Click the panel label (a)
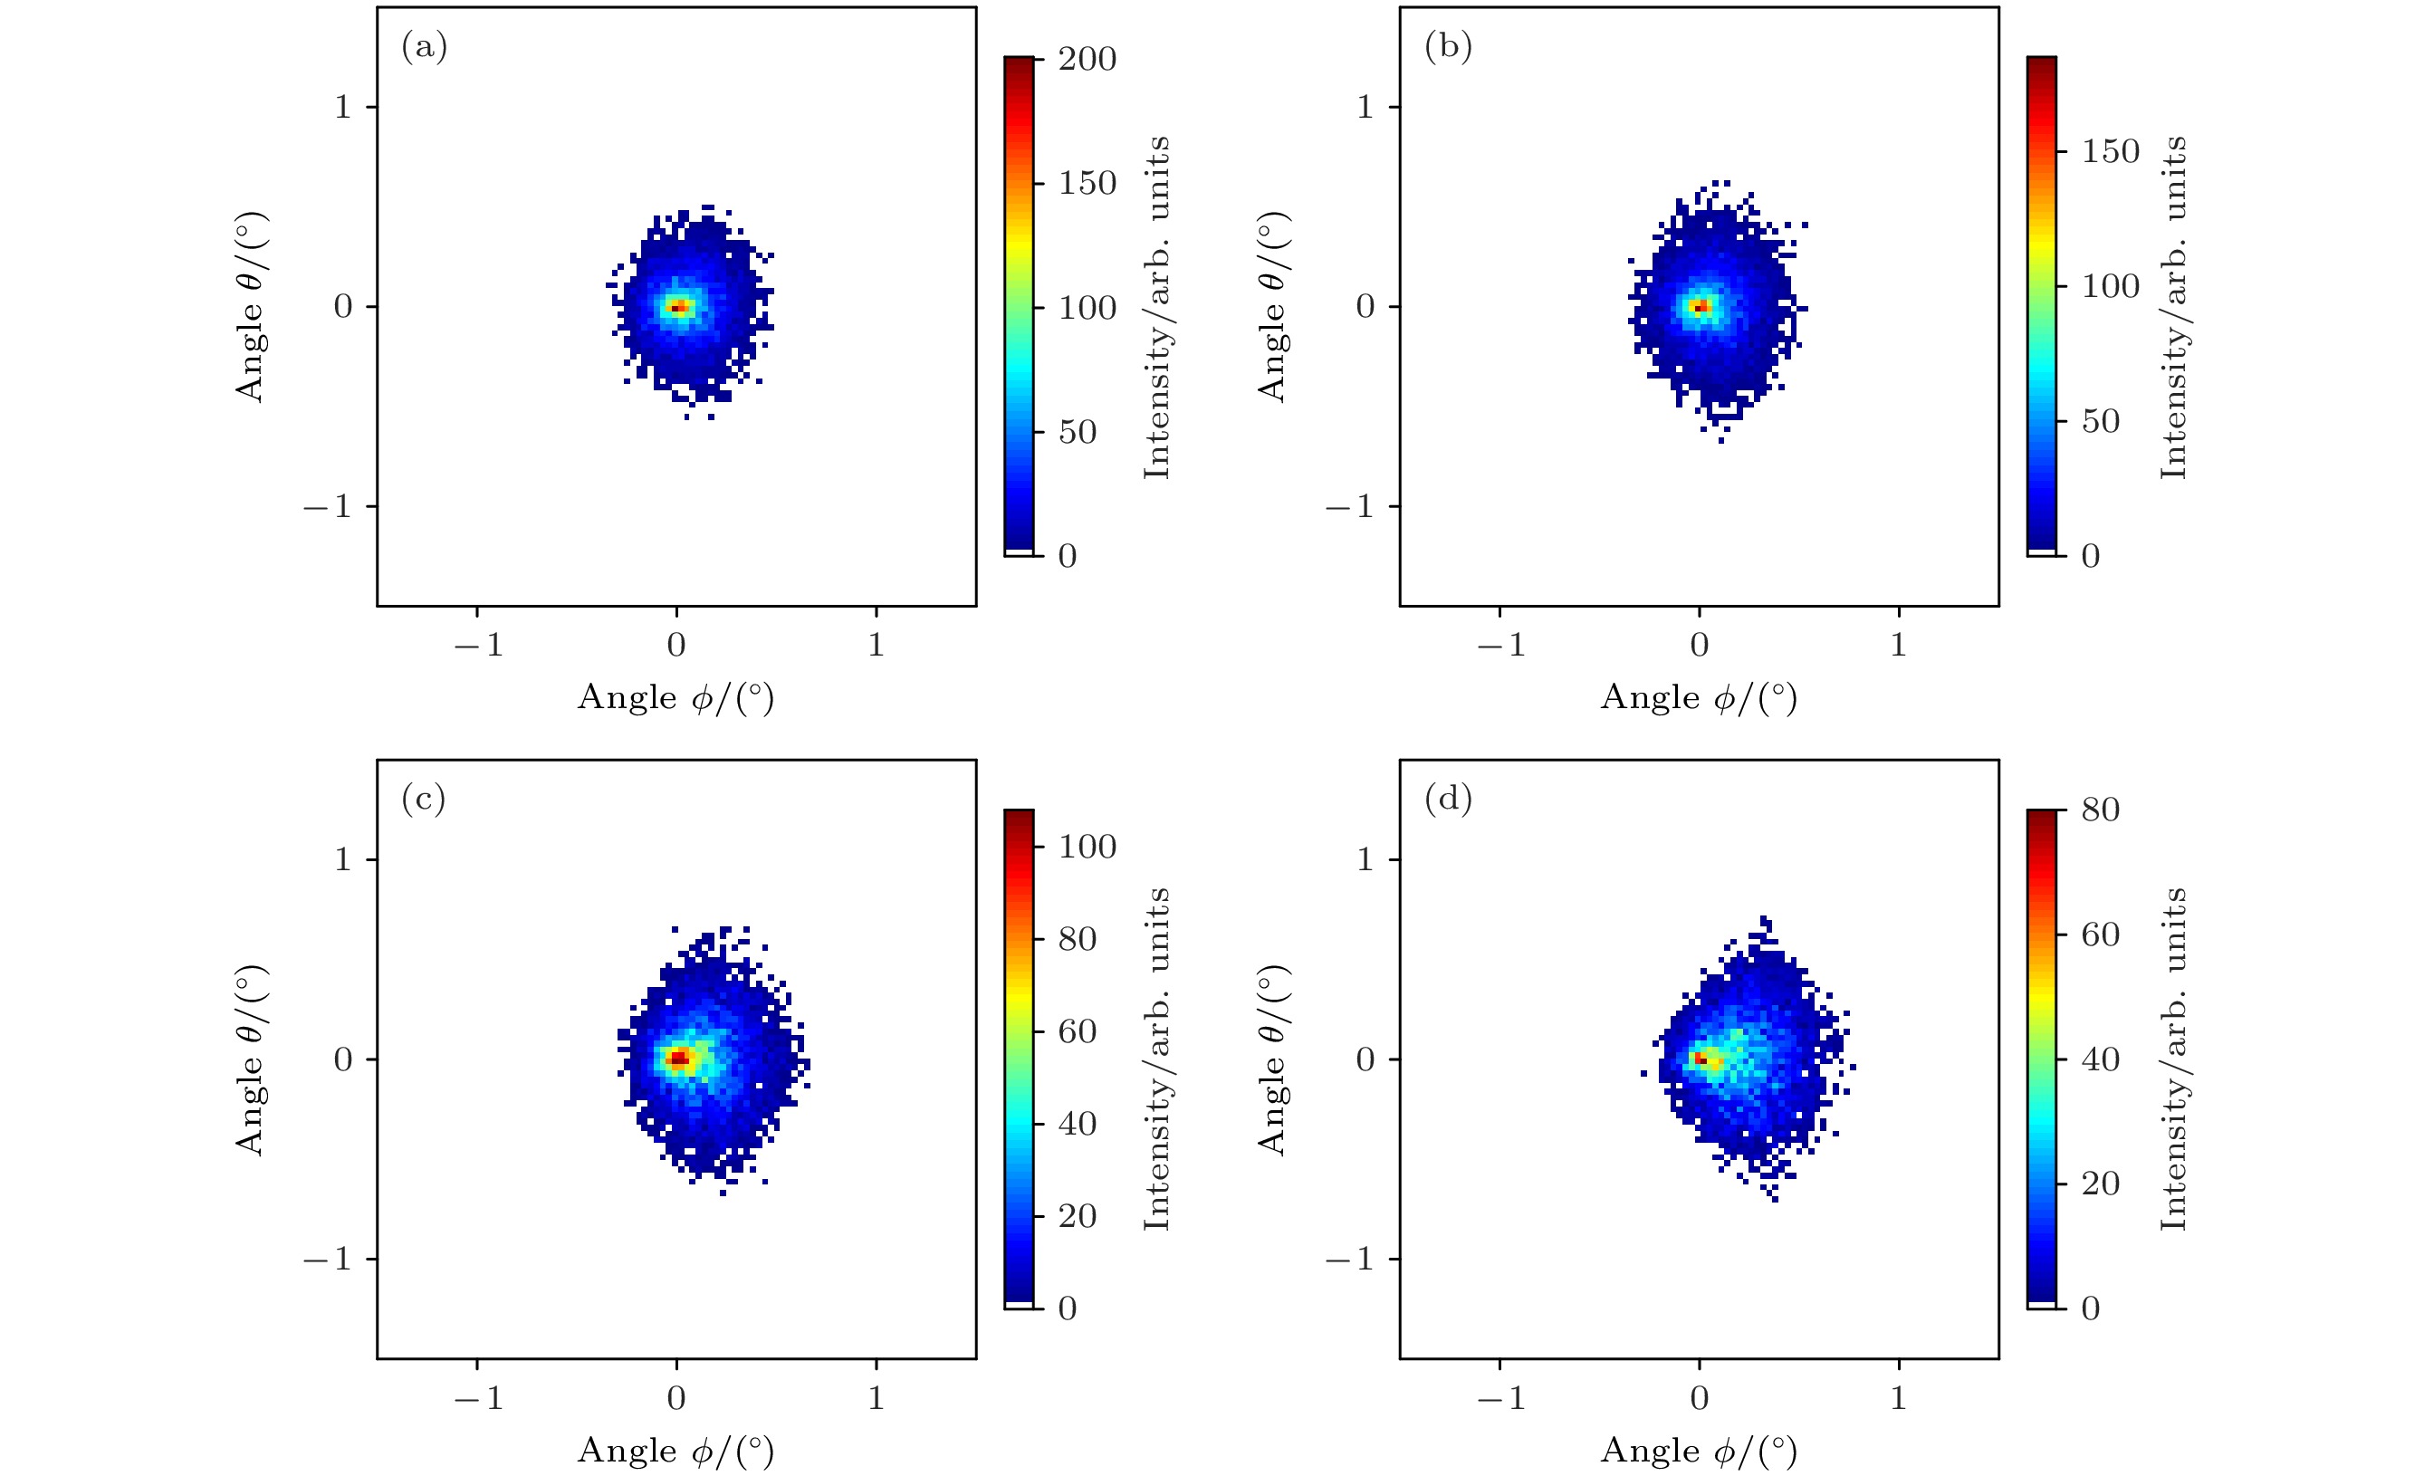point(424,47)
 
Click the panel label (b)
point(1448,47)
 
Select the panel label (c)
point(424,799)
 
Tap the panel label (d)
point(1448,799)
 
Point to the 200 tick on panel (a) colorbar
point(1087,59)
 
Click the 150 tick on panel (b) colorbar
point(2110,151)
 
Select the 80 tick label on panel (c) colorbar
point(1078,939)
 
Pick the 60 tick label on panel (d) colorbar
point(2101,934)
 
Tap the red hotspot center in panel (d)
point(1700,1059)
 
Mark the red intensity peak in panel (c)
point(678,1059)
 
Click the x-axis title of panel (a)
point(675,697)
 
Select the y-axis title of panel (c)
point(251,1059)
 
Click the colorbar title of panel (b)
point(2173,307)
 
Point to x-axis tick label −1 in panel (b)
point(1500,645)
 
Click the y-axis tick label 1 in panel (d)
point(1365,860)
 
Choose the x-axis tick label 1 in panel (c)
point(876,1397)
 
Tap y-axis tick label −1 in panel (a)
point(328,508)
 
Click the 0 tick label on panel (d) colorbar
point(2091,1308)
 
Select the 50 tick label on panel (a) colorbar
point(1078,432)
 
